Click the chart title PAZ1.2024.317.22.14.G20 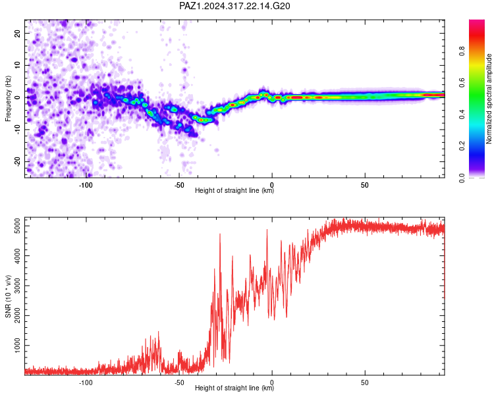pyautogui.click(x=234, y=6)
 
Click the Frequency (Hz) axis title pyautogui.click(x=8, y=99)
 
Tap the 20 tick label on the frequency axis pyautogui.click(x=17, y=33)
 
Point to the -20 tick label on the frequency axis pyautogui.click(x=17, y=161)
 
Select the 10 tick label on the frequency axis pyautogui.click(x=17, y=65)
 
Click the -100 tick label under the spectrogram pyautogui.click(x=86, y=185)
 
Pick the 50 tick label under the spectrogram pyautogui.click(x=364, y=185)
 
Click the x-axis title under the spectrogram pyautogui.click(x=234, y=190)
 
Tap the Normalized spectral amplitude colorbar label pyautogui.click(x=489, y=99)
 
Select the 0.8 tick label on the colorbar pyautogui.click(x=462, y=51)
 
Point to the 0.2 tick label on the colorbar pyautogui.click(x=462, y=146)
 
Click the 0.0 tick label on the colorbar pyautogui.click(x=462, y=178)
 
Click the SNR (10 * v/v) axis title pyautogui.click(x=8, y=296)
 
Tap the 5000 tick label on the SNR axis pyautogui.click(x=17, y=226)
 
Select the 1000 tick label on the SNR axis pyautogui.click(x=17, y=346)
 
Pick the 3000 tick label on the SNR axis pyautogui.click(x=17, y=286)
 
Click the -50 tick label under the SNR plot pyautogui.click(x=178, y=382)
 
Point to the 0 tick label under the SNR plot pyautogui.click(x=272, y=382)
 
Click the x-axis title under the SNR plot pyautogui.click(x=234, y=388)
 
